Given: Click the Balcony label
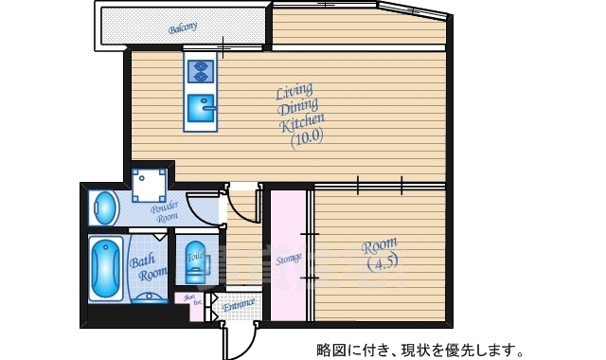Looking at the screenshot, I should pyautogui.click(x=183, y=30).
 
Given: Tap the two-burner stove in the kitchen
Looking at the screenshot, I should pyautogui.click(x=201, y=71).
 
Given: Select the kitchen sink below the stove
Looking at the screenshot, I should pyautogui.click(x=201, y=107).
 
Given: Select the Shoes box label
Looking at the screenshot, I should pyautogui.click(x=187, y=300).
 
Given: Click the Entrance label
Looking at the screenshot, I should pyautogui.click(x=238, y=305).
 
